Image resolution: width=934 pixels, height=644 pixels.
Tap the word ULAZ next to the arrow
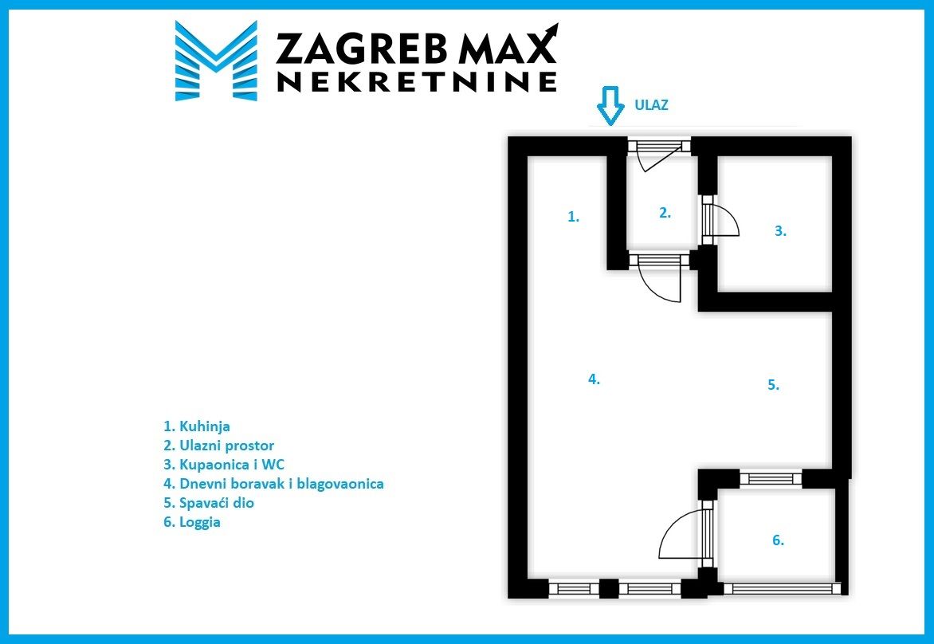(651, 104)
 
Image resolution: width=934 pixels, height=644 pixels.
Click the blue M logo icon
(215, 61)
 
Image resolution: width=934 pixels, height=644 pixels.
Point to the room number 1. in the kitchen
(573, 216)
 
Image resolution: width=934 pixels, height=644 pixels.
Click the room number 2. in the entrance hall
(665, 213)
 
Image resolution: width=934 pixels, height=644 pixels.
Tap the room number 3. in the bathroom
(780, 231)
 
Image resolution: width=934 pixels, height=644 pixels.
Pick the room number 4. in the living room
(594, 379)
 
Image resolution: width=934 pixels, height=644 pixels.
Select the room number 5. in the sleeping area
(772, 384)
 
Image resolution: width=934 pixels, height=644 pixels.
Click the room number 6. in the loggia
(778, 540)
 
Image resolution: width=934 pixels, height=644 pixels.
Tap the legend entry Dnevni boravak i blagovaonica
(273, 484)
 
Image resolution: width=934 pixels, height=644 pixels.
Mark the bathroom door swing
(724, 221)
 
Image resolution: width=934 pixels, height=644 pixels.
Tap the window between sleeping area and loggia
(771, 478)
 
